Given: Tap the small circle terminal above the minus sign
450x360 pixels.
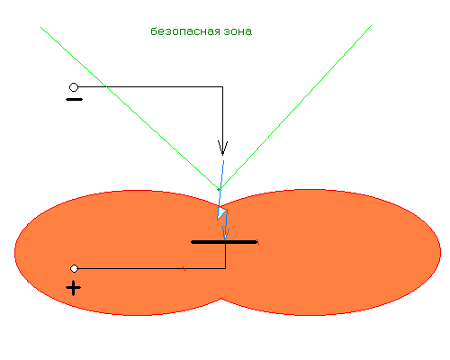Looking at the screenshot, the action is coord(74,87).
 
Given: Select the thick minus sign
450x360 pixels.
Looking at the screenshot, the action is coord(74,99).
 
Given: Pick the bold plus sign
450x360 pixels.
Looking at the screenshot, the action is coord(73,288).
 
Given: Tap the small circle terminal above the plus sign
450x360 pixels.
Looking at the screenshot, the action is coord(74,268).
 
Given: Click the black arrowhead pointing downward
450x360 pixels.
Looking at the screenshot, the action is coord(222,148).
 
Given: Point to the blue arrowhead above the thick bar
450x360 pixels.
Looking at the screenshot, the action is coord(226,233).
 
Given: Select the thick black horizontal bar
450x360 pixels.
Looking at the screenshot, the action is coord(224,242).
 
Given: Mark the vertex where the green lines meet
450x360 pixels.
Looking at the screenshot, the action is coord(220,190).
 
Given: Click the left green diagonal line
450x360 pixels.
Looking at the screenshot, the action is coord(130,108).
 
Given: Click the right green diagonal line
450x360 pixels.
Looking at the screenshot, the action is coord(295,107).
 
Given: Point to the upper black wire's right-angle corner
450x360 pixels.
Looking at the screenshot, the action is coord(222,86).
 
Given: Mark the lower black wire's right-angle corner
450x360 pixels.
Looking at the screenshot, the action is coord(225,268).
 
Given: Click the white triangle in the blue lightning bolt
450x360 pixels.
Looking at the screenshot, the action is coord(222,212).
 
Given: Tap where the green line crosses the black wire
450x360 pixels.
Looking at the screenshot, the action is coord(106,86).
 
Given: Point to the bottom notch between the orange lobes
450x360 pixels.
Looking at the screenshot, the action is coord(221,298).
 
